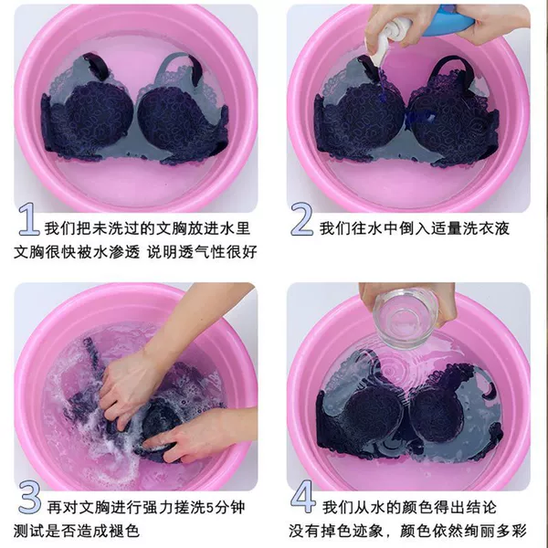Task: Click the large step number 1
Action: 28,219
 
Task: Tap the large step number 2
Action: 302,219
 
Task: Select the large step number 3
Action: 29,498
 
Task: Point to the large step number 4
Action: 303,497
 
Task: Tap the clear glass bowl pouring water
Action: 406,318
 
